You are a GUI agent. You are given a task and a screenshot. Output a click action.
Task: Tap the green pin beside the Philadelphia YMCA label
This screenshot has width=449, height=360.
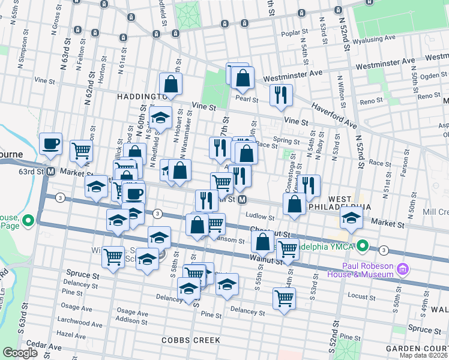[x=363, y=245]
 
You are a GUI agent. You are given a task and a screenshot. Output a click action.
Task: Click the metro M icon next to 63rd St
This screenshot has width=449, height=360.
[x=51, y=172]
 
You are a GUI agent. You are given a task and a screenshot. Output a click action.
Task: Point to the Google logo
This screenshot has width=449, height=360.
[x=20, y=353]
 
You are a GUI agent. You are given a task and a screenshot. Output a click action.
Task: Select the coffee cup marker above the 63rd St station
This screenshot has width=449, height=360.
[x=50, y=144]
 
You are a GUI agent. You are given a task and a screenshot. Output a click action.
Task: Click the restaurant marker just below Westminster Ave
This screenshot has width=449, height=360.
[x=281, y=95]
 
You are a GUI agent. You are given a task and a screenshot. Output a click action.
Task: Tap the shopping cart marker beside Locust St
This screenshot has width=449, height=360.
[x=284, y=298]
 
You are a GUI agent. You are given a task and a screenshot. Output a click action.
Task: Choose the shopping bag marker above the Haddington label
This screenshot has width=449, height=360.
[x=170, y=84]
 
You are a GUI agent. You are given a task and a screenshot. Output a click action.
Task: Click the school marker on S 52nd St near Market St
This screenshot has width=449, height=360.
[x=351, y=218]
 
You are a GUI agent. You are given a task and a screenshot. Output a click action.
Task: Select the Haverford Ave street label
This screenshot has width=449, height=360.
[x=334, y=116]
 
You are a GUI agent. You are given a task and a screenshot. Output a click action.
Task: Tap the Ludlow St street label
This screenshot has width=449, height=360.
[x=259, y=217]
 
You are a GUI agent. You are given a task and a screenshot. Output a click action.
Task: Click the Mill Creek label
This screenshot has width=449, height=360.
[x=435, y=212]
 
